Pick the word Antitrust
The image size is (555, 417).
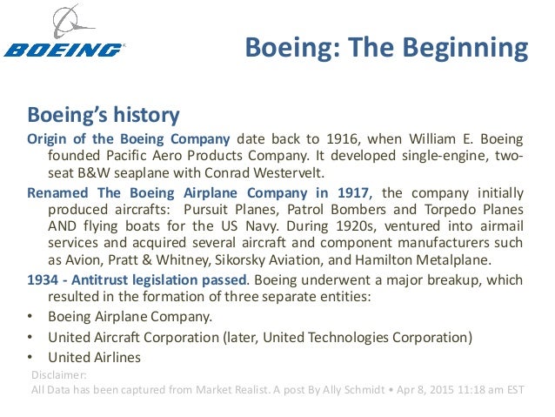pos(98,280)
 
